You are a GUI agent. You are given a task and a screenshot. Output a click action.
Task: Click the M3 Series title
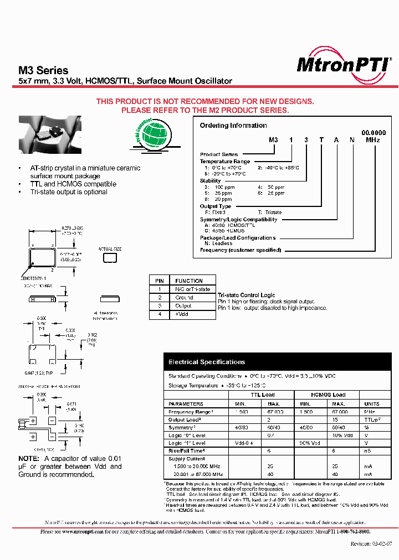click(44, 70)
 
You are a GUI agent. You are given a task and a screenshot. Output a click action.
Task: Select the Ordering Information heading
click(233, 126)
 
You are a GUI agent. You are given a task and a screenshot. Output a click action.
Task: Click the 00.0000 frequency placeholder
click(374, 133)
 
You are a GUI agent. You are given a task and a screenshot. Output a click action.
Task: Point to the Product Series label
click(219, 154)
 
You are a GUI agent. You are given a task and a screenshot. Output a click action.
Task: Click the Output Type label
click(216, 206)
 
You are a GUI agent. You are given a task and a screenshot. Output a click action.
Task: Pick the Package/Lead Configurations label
click(238, 238)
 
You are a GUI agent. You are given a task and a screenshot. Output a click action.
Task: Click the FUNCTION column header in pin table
click(189, 281)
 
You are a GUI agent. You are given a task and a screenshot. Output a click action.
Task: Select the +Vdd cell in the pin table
click(183, 314)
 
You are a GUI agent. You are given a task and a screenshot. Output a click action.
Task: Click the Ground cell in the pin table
click(185, 298)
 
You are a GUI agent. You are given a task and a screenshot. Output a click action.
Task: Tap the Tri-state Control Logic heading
click(246, 295)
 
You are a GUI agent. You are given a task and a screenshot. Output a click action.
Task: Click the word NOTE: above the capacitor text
click(29, 459)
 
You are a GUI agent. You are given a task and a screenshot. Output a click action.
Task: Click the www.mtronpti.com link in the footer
click(80, 532)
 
